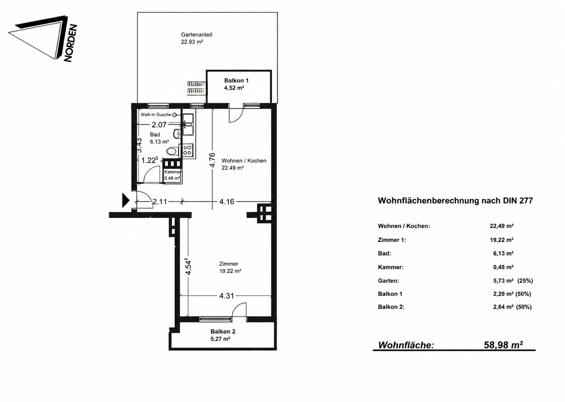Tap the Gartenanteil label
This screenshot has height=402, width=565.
[x=197, y=35]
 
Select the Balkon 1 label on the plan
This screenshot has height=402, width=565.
[x=236, y=81]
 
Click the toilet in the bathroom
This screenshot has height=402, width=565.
[x=173, y=152]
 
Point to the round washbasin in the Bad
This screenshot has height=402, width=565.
[x=177, y=133]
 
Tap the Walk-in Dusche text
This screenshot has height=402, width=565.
[x=156, y=115]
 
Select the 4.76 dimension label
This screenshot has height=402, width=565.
[x=213, y=160]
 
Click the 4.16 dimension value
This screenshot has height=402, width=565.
[x=227, y=202]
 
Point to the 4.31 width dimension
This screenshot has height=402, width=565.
[x=227, y=296]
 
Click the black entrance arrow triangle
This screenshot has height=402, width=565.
[x=125, y=200]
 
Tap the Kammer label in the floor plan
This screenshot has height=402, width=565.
[x=173, y=172]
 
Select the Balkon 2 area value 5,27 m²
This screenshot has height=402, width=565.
[x=220, y=339]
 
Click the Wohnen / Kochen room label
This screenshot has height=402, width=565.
[x=244, y=161]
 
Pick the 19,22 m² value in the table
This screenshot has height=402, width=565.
[x=502, y=240]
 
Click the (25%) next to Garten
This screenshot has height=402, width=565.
[x=525, y=280]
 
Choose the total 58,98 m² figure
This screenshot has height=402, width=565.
[x=503, y=345]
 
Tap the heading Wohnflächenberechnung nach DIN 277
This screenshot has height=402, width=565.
[x=455, y=201]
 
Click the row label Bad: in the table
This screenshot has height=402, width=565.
[x=384, y=253]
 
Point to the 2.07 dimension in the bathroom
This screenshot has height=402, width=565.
[x=159, y=125]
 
